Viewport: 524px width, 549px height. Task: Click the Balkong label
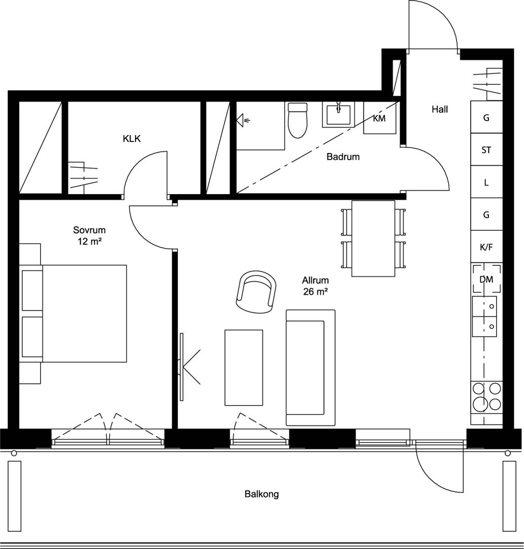261,494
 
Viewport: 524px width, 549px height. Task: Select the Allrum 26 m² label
315,286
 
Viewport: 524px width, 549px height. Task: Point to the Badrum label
343,157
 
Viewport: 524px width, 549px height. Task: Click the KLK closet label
132,139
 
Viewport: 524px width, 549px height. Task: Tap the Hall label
440,109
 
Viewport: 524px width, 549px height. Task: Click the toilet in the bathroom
298,120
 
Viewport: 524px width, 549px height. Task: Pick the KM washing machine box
379,117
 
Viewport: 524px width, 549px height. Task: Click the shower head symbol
243,120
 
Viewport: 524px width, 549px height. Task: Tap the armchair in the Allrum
256,291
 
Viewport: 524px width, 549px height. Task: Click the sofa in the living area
311,368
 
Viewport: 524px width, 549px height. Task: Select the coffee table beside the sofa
243,368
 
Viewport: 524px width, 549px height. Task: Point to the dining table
373,238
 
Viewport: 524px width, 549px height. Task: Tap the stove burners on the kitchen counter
487,396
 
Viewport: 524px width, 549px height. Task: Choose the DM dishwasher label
486,280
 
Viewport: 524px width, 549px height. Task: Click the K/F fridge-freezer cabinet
486,247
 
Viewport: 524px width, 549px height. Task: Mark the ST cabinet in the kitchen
486,149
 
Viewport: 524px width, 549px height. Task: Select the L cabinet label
486,182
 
